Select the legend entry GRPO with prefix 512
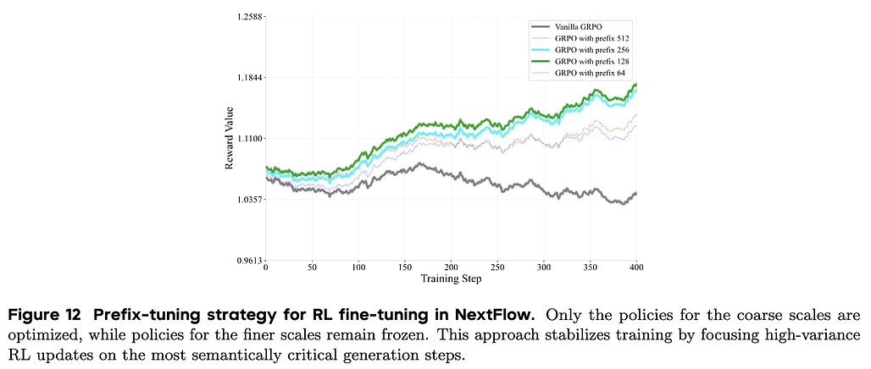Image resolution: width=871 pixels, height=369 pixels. pyautogui.click(x=591, y=39)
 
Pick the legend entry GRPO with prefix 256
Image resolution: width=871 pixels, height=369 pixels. pyautogui.click(x=591, y=51)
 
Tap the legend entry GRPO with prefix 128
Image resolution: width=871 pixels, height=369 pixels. pyautogui.click(x=591, y=63)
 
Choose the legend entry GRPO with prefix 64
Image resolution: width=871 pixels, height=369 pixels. pyautogui.click(x=589, y=74)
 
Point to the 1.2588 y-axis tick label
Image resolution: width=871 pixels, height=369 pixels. pyautogui.click(x=247, y=16)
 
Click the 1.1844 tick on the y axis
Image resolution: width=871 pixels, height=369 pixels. pyautogui.click(x=247, y=77)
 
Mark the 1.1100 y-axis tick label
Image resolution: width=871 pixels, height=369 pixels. pyautogui.click(x=247, y=138)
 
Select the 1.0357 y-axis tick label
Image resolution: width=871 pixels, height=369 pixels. pyautogui.click(x=247, y=199)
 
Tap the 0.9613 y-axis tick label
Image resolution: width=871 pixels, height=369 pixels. pyautogui.click(x=247, y=260)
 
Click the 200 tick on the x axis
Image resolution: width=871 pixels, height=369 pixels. pyautogui.click(x=452, y=267)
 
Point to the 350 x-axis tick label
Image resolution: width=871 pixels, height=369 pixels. pyautogui.click(x=591, y=267)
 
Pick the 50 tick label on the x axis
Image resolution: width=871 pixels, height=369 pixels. pyautogui.click(x=313, y=267)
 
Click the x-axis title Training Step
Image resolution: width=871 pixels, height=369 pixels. pyautogui.click(x=452, y=278)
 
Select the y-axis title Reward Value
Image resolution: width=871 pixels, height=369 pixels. pyautogui.click(x=229, y=138)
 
